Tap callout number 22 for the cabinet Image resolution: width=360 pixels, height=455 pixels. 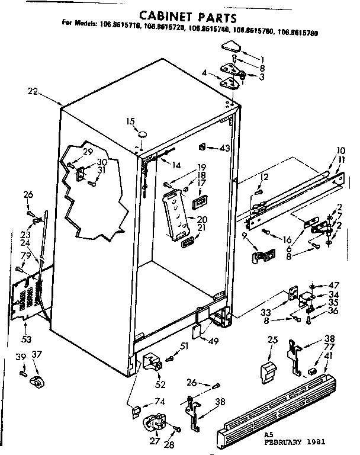33,91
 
